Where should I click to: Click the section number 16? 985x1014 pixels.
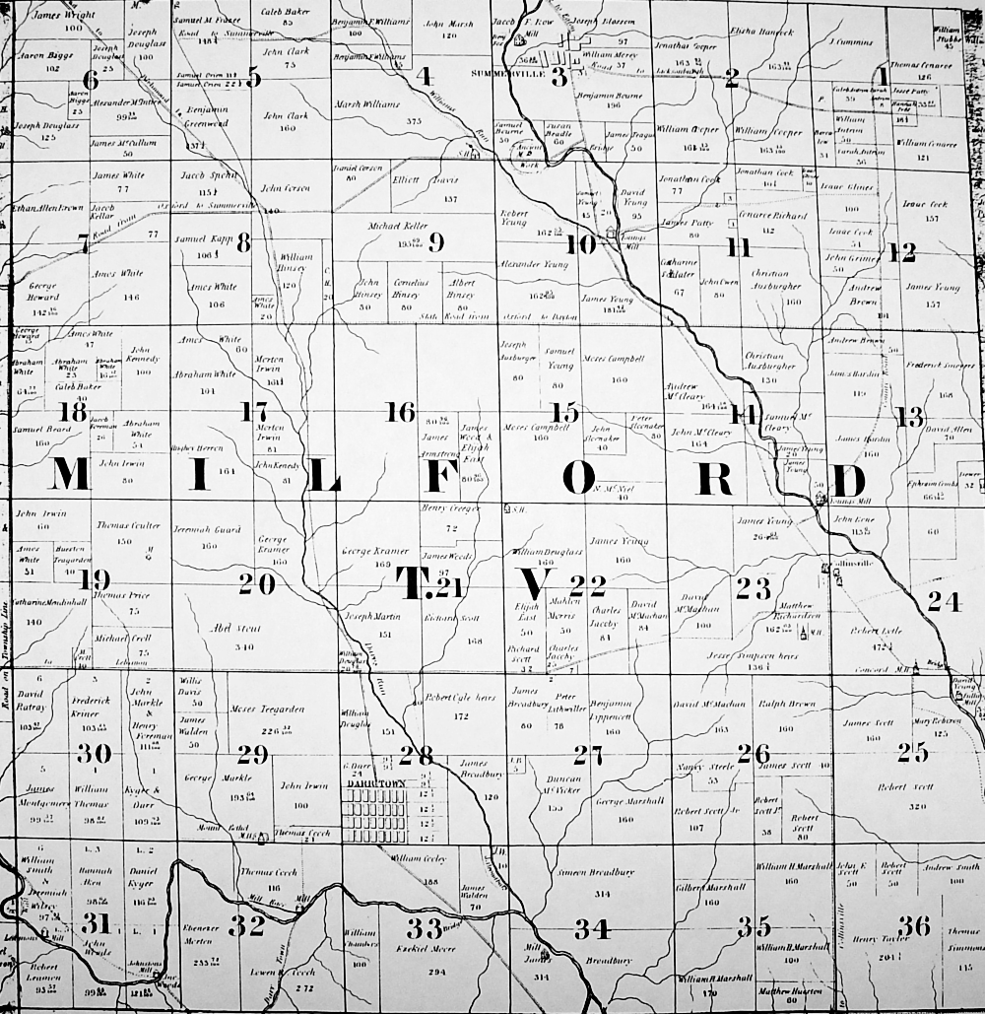click(399, 412)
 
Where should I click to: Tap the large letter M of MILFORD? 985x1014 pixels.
click(70, 475)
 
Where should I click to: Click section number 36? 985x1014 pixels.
click(913, 925)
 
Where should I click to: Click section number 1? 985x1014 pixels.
click(884, 76)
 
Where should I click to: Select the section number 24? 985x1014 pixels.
click(943, 600)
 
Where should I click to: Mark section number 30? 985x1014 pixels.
click(94, 754)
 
